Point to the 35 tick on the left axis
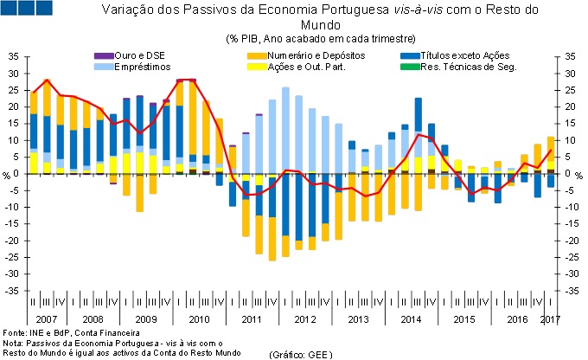tap(12, 55)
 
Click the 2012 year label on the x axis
tap(304, 319)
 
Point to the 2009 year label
tap(145, 319)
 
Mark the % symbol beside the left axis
tap(7, 174)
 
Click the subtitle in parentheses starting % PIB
tap(320, 39)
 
